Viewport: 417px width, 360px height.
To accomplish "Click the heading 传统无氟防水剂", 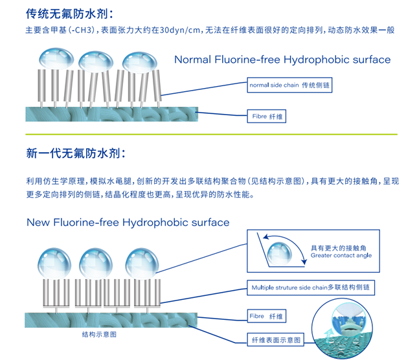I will [68, 13].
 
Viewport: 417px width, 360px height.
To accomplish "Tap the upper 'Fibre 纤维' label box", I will [265, 117].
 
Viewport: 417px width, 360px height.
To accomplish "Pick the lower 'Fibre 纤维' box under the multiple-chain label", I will [265, 317].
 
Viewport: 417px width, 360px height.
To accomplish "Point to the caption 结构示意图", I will [98, 334].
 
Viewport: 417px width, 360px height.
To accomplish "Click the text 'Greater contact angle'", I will [341, 256].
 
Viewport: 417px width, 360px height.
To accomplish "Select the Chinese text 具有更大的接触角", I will [337, 247].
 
